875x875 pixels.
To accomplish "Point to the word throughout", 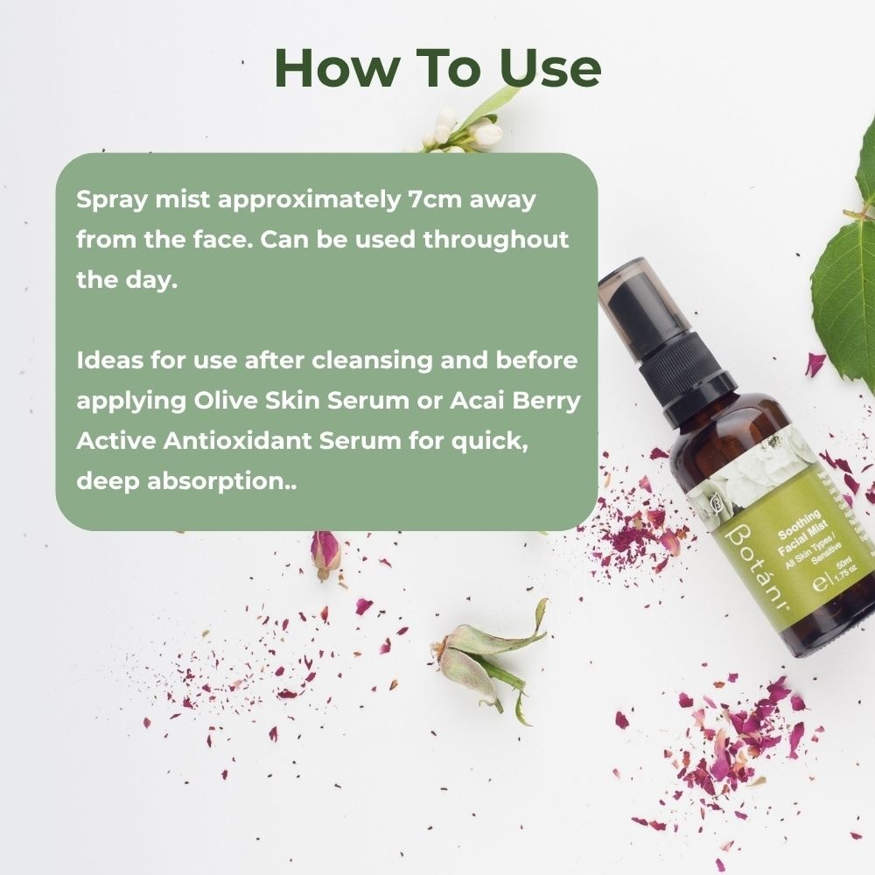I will click(496, 240).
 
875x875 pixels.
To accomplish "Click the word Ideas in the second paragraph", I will click(107, 360).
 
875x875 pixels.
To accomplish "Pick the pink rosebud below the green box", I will click(325, 554).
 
